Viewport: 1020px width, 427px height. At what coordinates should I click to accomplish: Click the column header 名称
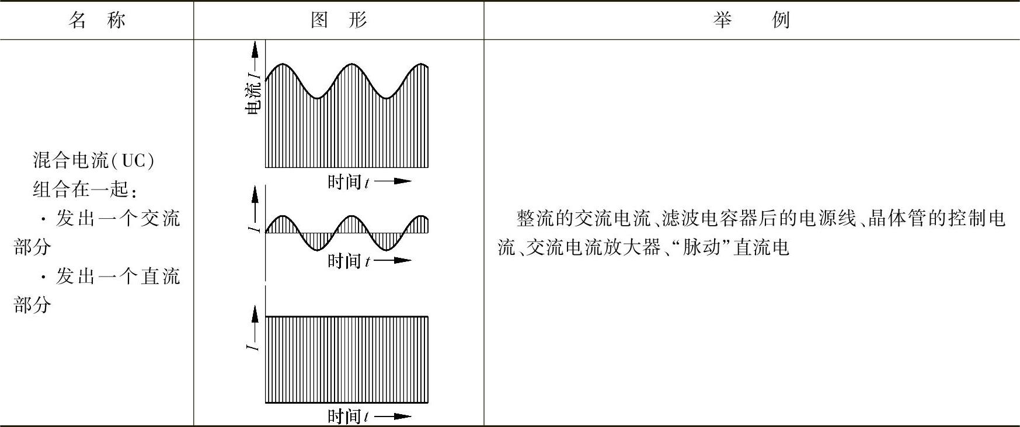pyautogui.click(x=97, y=20)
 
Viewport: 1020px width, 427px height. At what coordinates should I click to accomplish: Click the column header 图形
pyautogui.click(x=339, y=20)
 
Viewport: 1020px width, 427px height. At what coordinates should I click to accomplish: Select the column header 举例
pyautogui.click(x=751, y=20)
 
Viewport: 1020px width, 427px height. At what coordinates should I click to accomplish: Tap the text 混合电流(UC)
pyautogui.click(x=93, y=160)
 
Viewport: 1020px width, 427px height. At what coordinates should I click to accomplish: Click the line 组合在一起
pyautogui.click(x=85, y=189)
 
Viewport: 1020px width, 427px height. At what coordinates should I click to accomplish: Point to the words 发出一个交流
pyautogui.click(x=117, y=218)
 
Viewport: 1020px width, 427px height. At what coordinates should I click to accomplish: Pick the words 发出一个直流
pyautogui.click(x=117, y=276)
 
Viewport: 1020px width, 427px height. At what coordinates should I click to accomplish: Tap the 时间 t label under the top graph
pyautogui.click(x=348, y=182)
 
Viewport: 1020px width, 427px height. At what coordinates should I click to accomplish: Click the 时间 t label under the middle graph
pyautogui.click(x=348, y=261)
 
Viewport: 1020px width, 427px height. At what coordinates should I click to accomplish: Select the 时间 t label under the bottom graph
pyautogui.click(x=348, y=416)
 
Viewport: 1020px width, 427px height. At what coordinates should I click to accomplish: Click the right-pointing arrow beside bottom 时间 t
pyautogui.click(x=394, y=416)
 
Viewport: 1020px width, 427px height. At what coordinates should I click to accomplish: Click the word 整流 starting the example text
pyautogui.click(x=530, y=219)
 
